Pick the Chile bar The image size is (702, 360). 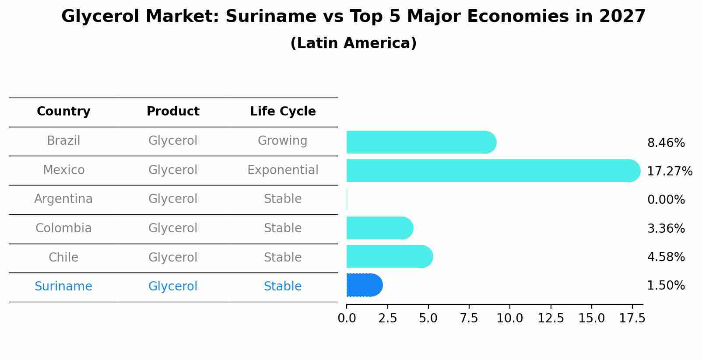point(390,256)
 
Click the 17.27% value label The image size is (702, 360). point(669,171)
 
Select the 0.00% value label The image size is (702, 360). point(666,200)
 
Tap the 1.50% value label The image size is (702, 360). point(666,286)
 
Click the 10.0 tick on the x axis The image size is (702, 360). point(509,318)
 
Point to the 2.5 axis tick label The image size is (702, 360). point(387,318)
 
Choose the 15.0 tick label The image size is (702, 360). point(591,318)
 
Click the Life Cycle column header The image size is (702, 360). point(283,112)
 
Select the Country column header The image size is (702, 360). point(63,112)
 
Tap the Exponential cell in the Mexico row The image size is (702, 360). point(283,170)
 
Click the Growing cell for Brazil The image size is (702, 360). point(283,141)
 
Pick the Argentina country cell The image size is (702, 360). point(63,199)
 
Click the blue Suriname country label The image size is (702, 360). point(63,287)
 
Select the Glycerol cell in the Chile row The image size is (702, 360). point(173,257)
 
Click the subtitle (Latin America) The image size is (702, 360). point(353,43)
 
